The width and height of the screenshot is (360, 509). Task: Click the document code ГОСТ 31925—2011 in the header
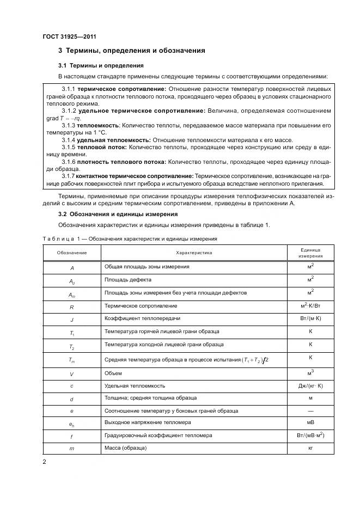pyautogui.click(x=66, y=36)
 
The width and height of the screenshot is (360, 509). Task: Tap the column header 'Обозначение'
pyautogui.click(x=71, y=253)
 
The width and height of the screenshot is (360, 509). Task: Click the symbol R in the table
pyautogui.click(x=71, y=306)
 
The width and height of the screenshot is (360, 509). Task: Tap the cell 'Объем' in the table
pyautogui.click(x=113, y=373)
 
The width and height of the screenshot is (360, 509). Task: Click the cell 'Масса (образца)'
pyautogui.click(x=126, y=448)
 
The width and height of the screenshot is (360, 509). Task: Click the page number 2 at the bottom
pyautogui.click(x=44, y=462)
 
